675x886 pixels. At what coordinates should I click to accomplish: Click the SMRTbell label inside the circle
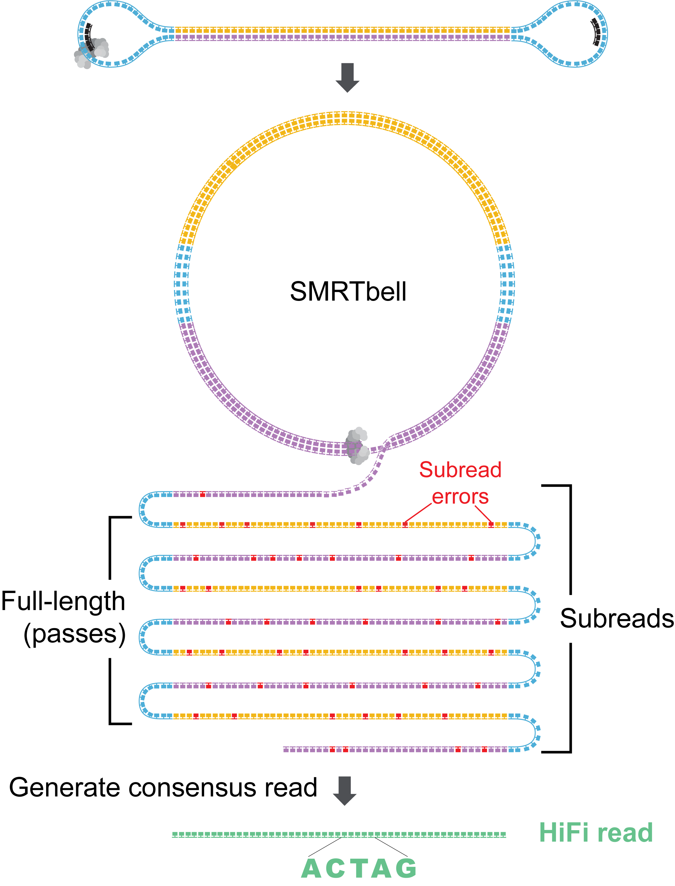point(348,292)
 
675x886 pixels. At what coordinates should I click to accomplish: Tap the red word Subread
point(461,470)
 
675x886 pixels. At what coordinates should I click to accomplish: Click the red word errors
point(461,497)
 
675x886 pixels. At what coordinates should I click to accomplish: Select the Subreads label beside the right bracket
point(617,618)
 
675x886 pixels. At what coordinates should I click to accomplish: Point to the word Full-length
point(63,601)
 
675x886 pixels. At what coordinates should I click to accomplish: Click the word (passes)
point(75,634)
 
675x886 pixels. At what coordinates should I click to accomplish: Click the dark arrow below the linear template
point(347,78)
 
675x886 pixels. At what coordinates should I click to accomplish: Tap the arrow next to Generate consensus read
point(345,791)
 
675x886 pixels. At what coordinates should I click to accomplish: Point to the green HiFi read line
point(339,835)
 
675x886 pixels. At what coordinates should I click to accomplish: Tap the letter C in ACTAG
point(335,868)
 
